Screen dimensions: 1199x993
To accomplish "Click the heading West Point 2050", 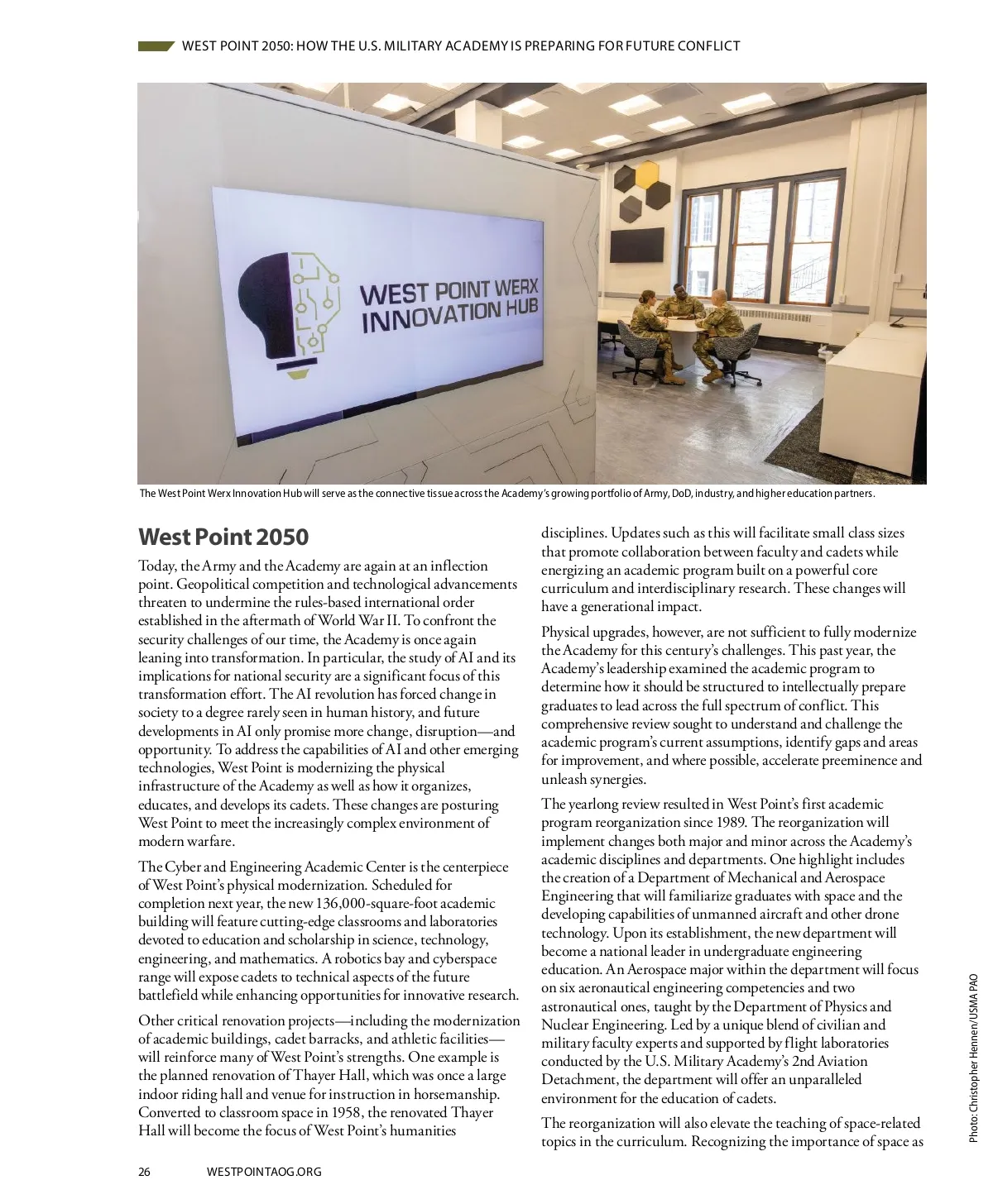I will [223, 537].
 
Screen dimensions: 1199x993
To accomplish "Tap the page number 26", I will [145, 1172].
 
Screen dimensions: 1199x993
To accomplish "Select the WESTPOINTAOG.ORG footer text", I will [263, 1172].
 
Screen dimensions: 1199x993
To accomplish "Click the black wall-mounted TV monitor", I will [636, 244].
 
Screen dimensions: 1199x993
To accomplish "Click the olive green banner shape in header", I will [156, 46].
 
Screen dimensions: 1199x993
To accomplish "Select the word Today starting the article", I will [157, 566].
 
